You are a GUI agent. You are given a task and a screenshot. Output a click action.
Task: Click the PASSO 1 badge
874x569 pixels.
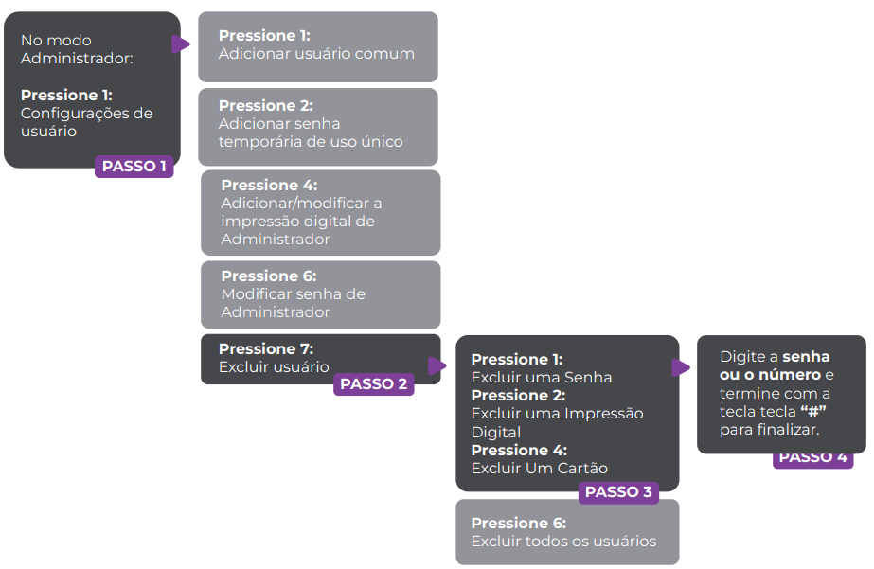(x=134, y=167)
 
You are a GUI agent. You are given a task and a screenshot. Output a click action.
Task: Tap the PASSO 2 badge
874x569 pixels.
(x=373, y=384)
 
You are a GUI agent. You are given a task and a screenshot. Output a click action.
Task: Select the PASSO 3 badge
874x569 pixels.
(x=618, y=492)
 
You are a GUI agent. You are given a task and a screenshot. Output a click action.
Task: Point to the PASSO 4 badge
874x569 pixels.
(x=812, y=458)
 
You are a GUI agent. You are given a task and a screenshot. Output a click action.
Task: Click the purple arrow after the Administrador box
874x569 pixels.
(x=180, y=44)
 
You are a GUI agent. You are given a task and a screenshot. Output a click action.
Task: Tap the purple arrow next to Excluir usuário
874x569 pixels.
(x=437, y=365)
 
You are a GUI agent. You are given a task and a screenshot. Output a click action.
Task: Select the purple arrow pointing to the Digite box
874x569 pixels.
(x=681, y=367)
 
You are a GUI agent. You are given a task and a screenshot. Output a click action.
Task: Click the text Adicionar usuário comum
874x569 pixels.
(x=316, y=54)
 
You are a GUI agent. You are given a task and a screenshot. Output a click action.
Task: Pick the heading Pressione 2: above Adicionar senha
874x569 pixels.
(x=265, y=106)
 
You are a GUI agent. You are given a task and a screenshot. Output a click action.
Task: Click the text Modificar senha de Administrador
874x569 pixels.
(x=293, y=303)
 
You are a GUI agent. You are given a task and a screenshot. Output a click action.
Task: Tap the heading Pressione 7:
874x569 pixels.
(x=266, y=349)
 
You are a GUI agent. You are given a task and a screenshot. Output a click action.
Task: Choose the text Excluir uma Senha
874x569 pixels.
(x=541, y=378)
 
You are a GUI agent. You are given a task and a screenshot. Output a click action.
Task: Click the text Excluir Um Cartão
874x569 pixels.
(x=539, y=468)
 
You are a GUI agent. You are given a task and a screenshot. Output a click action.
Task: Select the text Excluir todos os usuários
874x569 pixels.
(x=563, y=542)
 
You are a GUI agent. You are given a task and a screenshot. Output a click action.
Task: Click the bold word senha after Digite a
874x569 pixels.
(x=806, y=357)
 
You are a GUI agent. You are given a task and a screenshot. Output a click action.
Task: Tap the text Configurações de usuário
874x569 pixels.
(x=86, y=122)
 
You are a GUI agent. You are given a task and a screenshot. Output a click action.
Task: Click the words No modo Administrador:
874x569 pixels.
(x=77, y=49)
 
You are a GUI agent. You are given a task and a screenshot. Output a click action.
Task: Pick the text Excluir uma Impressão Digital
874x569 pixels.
(x=557, y=422)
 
